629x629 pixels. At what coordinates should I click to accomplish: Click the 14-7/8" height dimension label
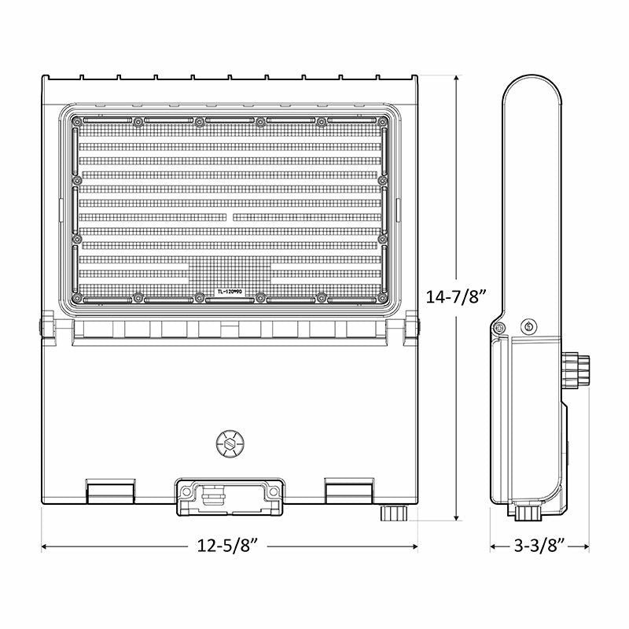point(458,298)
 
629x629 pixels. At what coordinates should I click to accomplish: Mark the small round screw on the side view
point(528,326)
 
